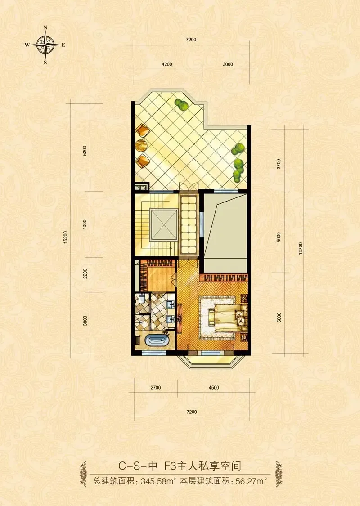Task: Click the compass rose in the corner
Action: [45, 45]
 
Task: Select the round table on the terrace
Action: [141, 146]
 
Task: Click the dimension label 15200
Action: [66, 237]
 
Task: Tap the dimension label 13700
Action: [301, 249]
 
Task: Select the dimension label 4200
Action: [166, 64]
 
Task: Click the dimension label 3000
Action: [228, 64]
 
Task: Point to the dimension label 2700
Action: [156, 388]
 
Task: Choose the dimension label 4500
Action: [214, 388]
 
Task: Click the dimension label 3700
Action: [279, 164]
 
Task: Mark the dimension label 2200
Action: [85, 273]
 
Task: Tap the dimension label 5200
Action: [85, 151]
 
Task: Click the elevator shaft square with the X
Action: [164, 224]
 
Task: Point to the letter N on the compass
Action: [45, 28]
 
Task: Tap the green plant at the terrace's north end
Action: [182, 105]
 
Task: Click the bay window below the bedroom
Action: [205, 361]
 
